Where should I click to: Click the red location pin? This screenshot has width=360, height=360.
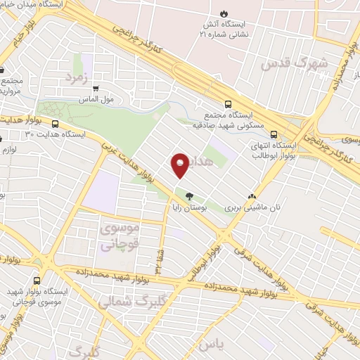pos(180,165)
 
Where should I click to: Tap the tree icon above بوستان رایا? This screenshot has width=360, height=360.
pos(188,196)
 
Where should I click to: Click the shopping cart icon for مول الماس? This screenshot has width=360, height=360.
pos(95,88)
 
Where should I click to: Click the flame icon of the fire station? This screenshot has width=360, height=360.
pos(224,13)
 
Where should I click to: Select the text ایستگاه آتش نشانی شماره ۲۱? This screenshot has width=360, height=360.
pos(224,28)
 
